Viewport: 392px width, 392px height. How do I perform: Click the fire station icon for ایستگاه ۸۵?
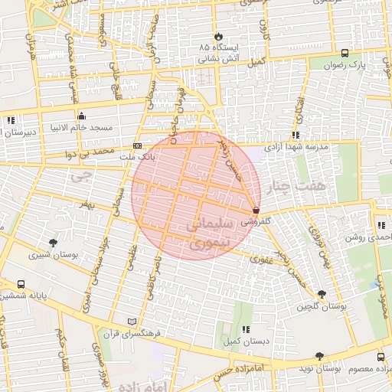(219, 35)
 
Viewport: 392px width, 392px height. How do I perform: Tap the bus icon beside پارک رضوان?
(345, 54)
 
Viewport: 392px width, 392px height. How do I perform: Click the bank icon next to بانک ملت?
(137, 145)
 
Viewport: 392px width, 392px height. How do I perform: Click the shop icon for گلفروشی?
(256, 210)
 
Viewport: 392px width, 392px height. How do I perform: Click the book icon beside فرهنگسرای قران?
(132, 322)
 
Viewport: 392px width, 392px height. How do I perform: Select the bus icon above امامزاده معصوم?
(381, 357)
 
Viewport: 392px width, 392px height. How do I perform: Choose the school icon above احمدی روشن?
(381, 225)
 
